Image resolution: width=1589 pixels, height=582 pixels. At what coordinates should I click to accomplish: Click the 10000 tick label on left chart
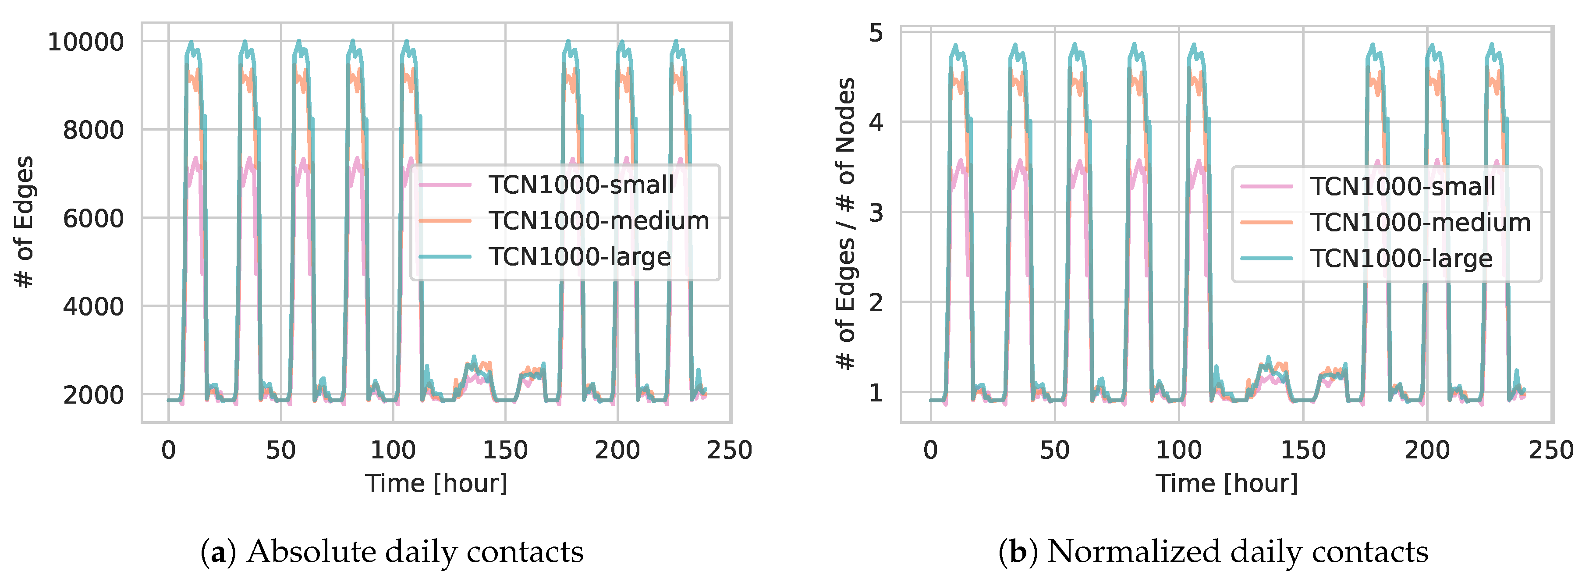[86, 42]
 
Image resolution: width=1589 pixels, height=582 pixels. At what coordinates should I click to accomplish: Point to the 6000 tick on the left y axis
[93, 219]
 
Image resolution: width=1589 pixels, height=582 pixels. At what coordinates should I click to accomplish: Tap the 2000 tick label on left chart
[93, 395]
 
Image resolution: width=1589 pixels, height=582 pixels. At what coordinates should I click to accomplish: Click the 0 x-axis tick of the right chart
[930, 450]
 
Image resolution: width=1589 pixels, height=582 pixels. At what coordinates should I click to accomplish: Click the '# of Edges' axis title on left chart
[23, 222]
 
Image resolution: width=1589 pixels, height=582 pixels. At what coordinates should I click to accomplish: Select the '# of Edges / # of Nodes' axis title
[846, 224]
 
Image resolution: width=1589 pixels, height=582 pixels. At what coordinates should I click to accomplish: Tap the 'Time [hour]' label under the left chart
[436, 483]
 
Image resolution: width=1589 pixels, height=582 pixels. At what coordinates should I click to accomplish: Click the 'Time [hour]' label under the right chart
[1226, 483]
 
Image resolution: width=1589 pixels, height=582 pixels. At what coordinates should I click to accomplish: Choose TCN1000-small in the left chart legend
[581, 185]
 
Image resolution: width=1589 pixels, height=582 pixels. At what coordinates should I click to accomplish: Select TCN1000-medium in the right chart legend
[1420, 223]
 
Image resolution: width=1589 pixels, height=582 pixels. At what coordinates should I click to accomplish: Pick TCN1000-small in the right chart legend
[1402, 186]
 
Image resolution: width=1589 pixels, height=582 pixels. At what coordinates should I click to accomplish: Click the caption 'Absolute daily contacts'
[415, 551]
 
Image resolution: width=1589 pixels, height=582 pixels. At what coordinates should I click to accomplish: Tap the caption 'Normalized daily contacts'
[1238, 551]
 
